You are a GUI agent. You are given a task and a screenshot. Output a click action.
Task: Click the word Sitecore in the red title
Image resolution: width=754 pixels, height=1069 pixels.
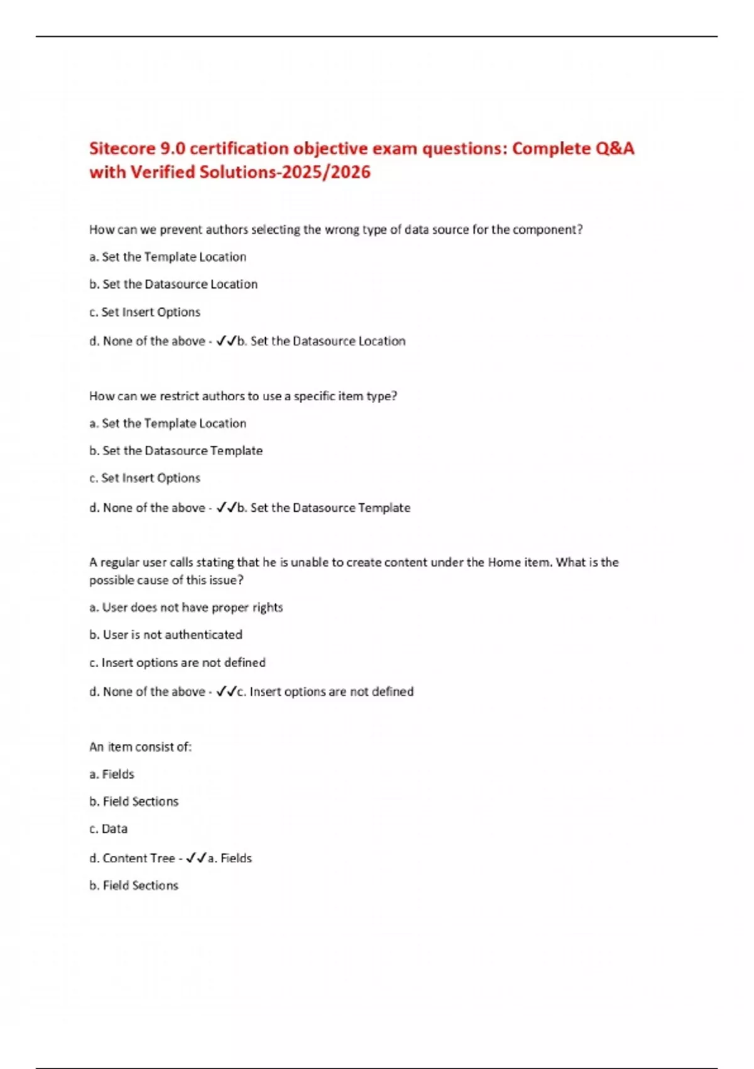[122, 149]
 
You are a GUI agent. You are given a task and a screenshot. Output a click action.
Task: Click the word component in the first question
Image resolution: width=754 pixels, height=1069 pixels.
[547, 230]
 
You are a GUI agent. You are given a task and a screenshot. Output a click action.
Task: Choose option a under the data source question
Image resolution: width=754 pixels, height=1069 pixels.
[168, 257]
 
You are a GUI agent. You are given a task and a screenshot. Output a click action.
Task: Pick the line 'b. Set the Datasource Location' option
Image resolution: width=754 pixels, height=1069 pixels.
[173, 284]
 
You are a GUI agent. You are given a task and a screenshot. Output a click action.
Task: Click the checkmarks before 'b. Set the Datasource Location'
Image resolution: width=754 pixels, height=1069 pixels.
[226, 341]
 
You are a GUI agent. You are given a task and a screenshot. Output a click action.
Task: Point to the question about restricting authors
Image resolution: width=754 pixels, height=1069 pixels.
[243, 396]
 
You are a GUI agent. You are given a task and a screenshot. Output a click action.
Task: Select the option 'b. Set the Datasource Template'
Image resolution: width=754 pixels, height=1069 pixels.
[176, 451]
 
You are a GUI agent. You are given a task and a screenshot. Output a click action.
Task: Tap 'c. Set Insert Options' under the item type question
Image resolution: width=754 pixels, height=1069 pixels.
[145, 478]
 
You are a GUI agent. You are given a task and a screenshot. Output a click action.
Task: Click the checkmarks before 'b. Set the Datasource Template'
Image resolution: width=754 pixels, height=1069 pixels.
[226, 507]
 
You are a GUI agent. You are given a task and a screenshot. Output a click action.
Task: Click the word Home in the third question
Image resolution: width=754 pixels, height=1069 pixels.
[504, 562]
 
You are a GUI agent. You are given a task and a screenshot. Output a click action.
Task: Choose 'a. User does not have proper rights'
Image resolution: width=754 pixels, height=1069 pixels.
[186, 607]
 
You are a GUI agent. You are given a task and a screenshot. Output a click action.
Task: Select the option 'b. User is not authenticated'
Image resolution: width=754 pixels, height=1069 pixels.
[166, 635]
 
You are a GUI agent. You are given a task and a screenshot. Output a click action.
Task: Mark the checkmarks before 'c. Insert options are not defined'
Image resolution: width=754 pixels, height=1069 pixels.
[226, 692]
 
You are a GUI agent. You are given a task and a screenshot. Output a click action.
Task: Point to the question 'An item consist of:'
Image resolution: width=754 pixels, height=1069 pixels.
[140, 747]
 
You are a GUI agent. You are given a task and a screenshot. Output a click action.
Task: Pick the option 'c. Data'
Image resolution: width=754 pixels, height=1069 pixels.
[109, 829]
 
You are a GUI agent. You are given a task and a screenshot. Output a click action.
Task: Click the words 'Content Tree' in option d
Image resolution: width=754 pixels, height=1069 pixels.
[138, 858]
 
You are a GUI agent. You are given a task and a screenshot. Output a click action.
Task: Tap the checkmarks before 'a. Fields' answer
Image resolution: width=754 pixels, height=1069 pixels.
[197, 858]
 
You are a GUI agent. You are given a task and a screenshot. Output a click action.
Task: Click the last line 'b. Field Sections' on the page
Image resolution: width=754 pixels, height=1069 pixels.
[134, 885]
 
